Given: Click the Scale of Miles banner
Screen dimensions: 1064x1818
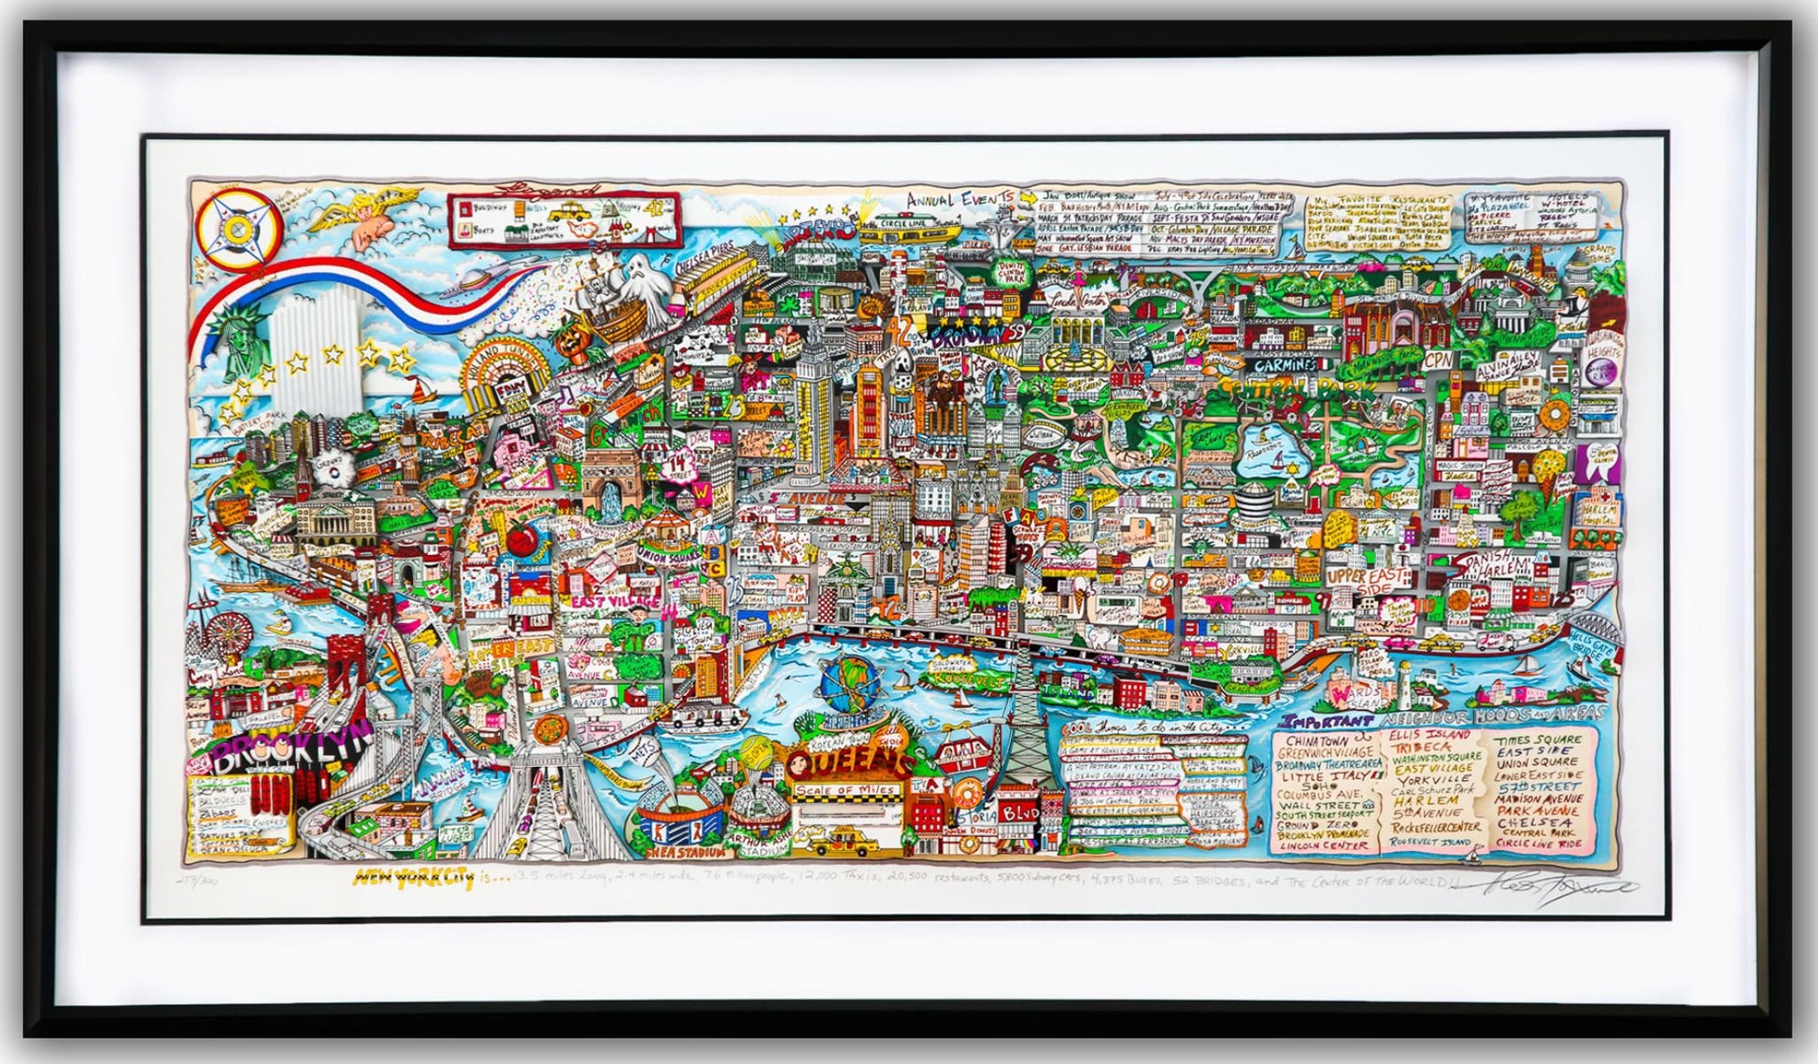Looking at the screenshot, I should (x=845, y=790).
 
